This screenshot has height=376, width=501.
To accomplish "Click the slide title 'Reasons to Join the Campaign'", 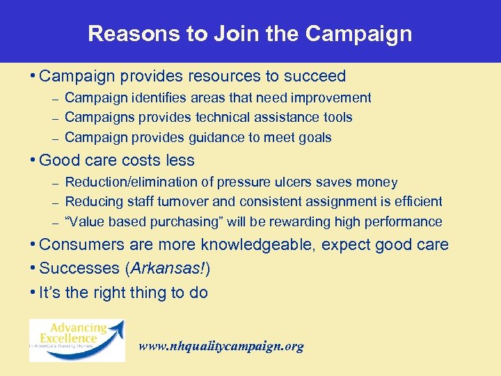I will pos(250,33).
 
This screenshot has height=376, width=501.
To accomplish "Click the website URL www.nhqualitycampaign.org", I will pos(221,346).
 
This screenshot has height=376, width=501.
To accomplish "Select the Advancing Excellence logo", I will pos(77,340).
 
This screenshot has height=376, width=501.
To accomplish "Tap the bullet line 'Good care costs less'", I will pos(117,160).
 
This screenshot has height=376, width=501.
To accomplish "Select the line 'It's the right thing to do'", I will pos(123,292).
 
